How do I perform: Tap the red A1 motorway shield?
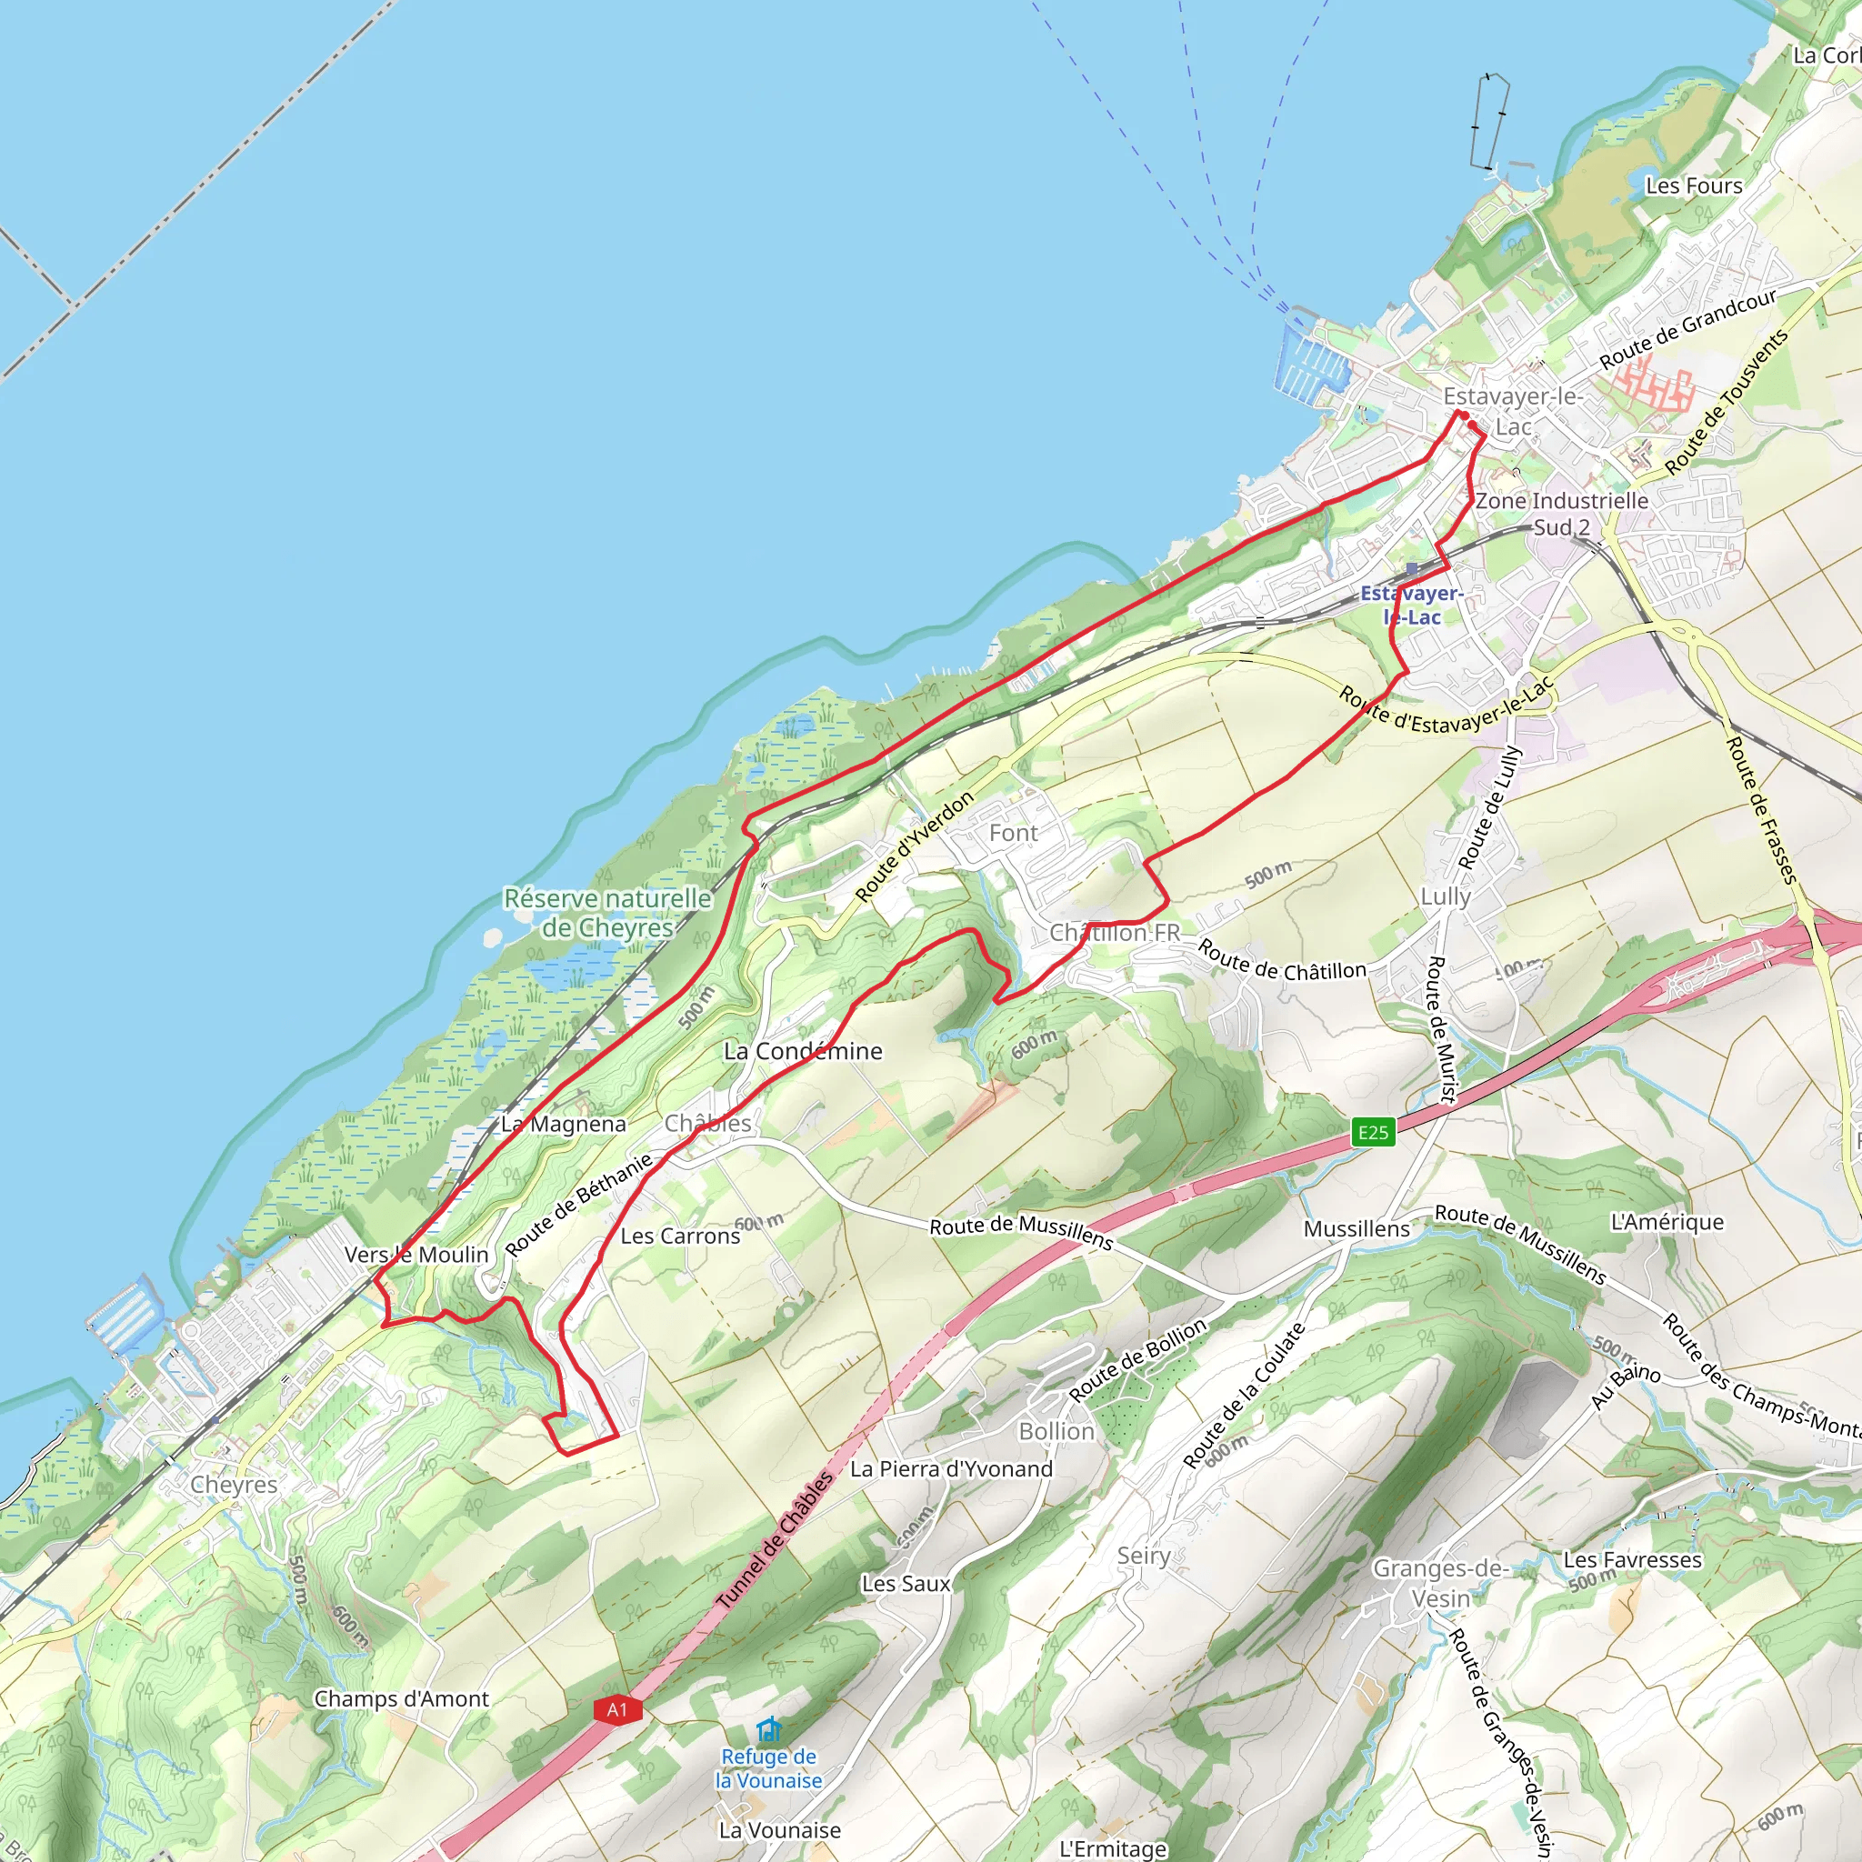(616, 1710)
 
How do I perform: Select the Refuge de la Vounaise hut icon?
(768, 1729)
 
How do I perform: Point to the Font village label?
(1013, 833)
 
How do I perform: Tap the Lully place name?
(1446, 896)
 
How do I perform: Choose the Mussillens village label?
(1356, 1229)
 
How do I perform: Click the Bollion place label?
(1056, 1431)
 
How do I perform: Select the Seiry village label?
(1143, 1556)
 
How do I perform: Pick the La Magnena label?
(563, 1124)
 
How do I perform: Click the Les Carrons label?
(680, 1236)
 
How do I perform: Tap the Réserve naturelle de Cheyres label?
(607, 913)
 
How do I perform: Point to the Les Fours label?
(1693, 185)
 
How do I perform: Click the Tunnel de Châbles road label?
(775, 1542)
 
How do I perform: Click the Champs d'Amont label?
(401, 1698)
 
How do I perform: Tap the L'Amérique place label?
(1667, 1222)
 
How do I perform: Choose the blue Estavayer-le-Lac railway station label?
(1411, 605)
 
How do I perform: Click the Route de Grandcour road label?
(1687, 328)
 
